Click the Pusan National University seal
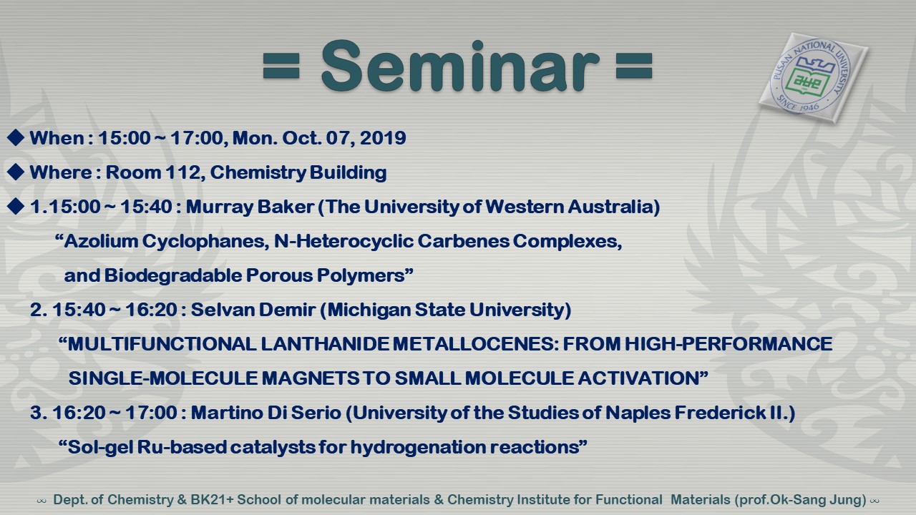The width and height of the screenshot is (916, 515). coord(812,78)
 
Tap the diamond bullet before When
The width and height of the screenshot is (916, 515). coord(16,138)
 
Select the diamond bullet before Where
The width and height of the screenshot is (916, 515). coord(16,172)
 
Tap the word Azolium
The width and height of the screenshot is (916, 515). coord(101,241)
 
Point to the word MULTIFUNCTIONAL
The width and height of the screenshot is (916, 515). coord(162,344)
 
